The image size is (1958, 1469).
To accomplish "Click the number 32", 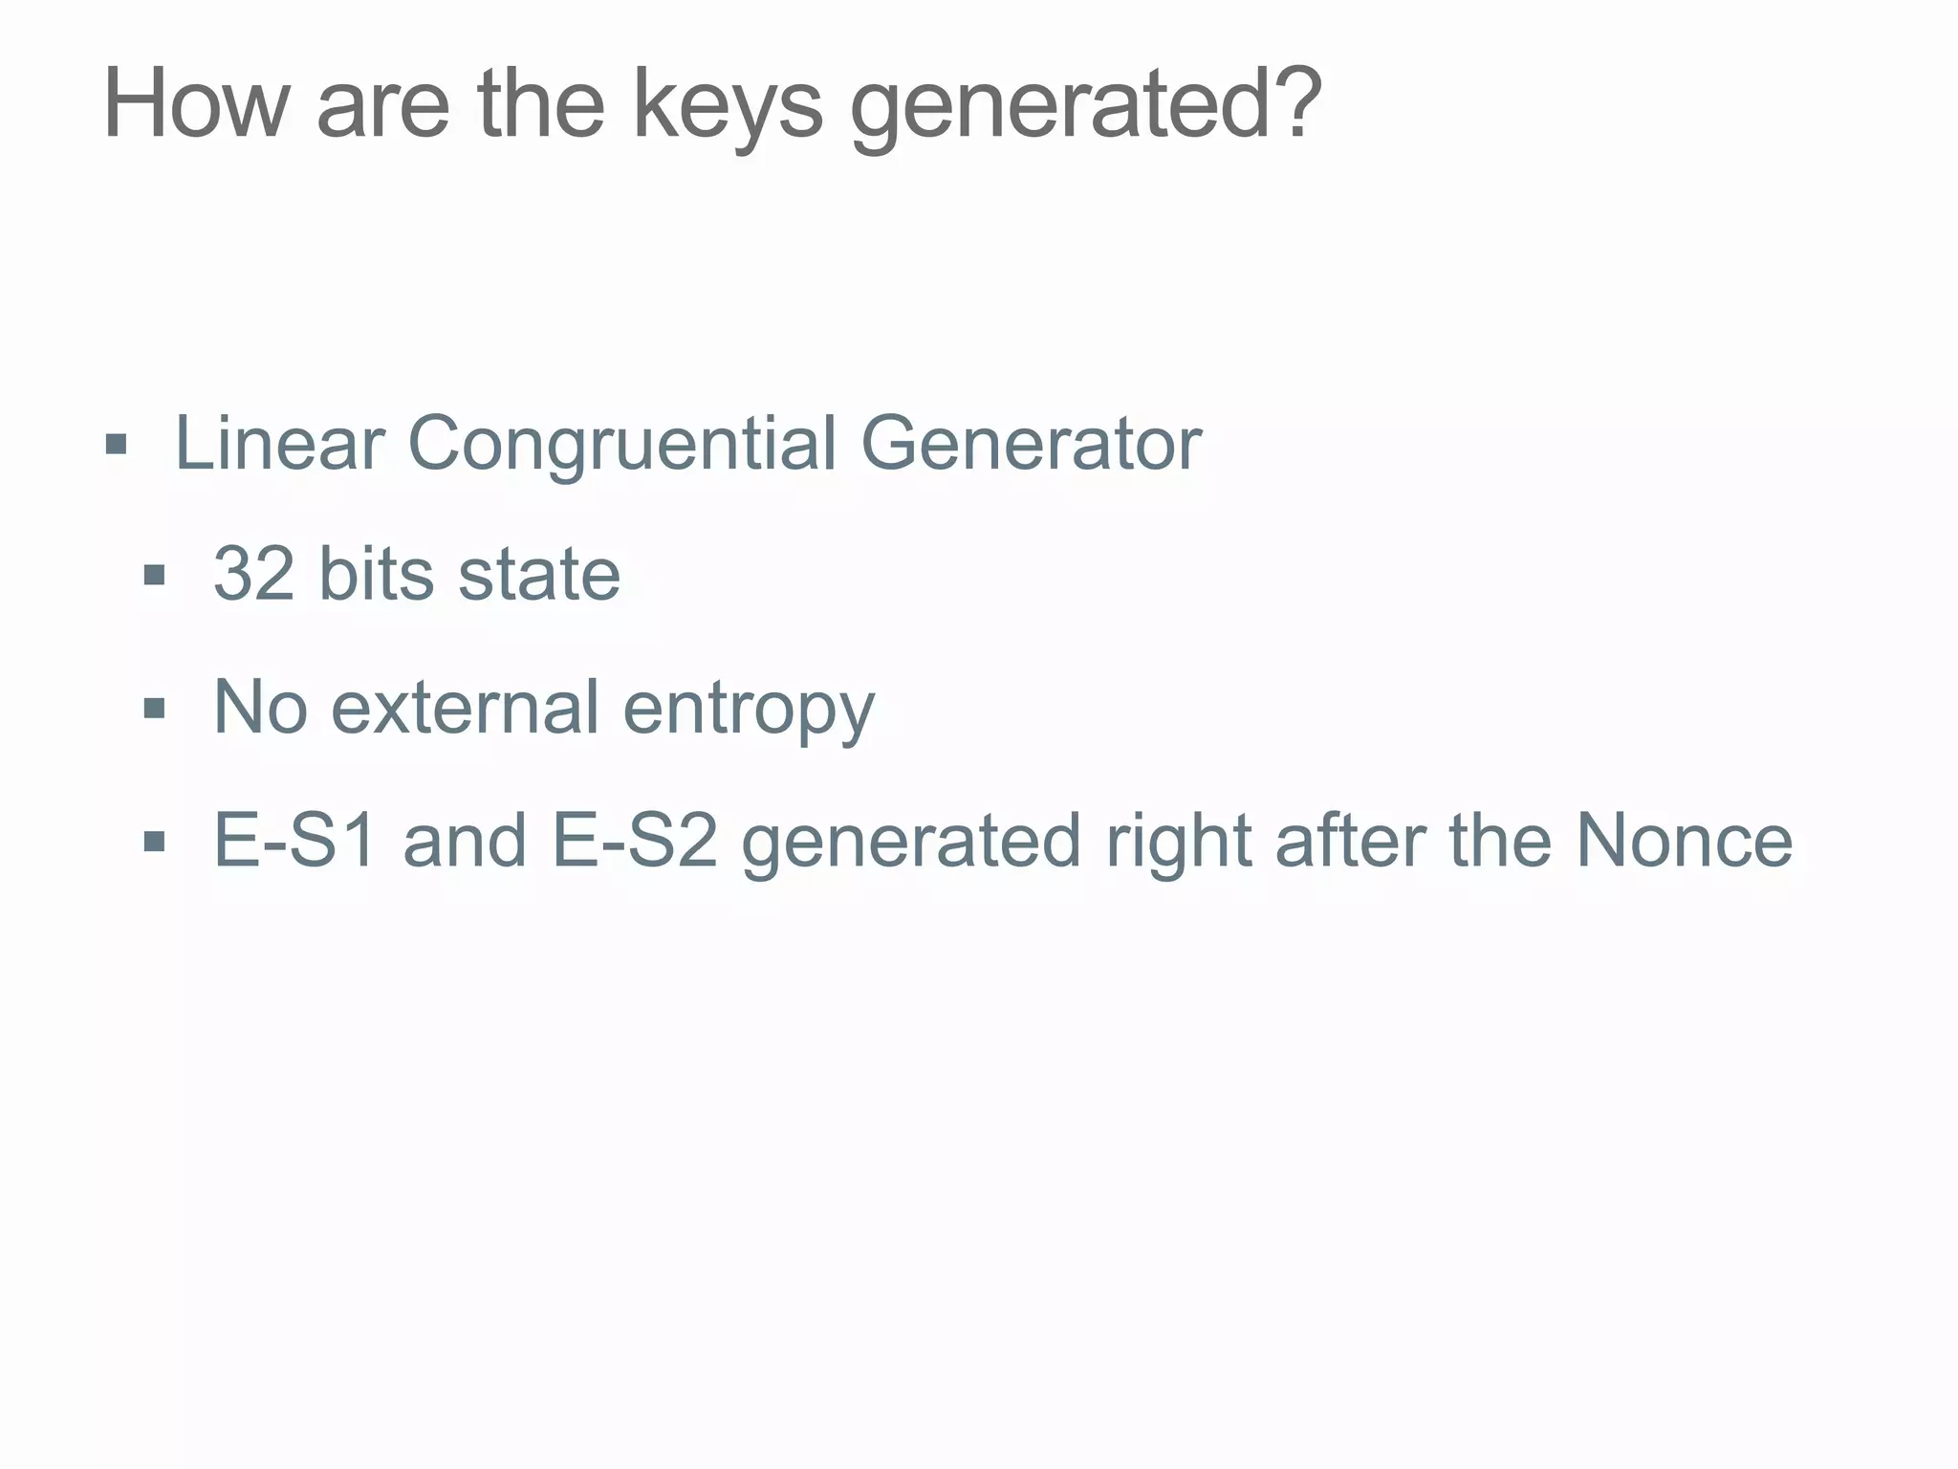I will pyautogui.click(x=253, y=574).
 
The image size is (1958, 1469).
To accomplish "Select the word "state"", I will pyautogui.click(x=539, y=574).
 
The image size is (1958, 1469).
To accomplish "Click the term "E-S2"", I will pyautogui.click(x=634, y=840).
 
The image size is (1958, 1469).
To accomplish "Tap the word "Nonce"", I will pyautogui.click(x=1684, y=840).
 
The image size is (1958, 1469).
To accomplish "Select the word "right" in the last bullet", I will pyautogui.click(x=1177, y=842).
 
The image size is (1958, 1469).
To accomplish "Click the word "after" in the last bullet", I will pyautogui.click(x=1349, y=840).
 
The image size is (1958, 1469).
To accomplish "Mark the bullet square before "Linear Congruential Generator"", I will pyautogui.click(x=116, y=445).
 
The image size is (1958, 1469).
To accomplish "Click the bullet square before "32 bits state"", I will pyautogui.click(x=154, y=576).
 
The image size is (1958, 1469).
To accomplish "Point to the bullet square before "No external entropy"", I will pyautogui.click(x=154, y=709).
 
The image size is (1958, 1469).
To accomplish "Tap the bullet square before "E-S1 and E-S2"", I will pyautogui.click(x=154, y=842).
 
